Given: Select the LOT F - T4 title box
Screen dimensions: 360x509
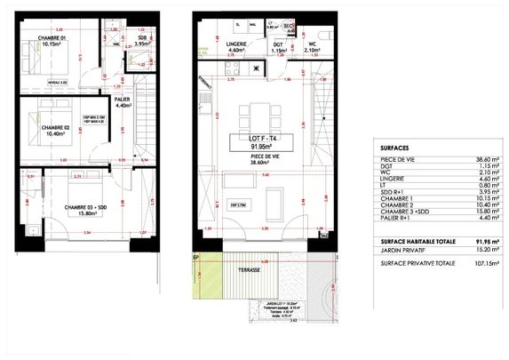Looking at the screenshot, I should pyautogui.click(x=262, y=142).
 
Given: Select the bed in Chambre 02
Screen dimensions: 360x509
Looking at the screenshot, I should pyautogui.click(x=36, y=118).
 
